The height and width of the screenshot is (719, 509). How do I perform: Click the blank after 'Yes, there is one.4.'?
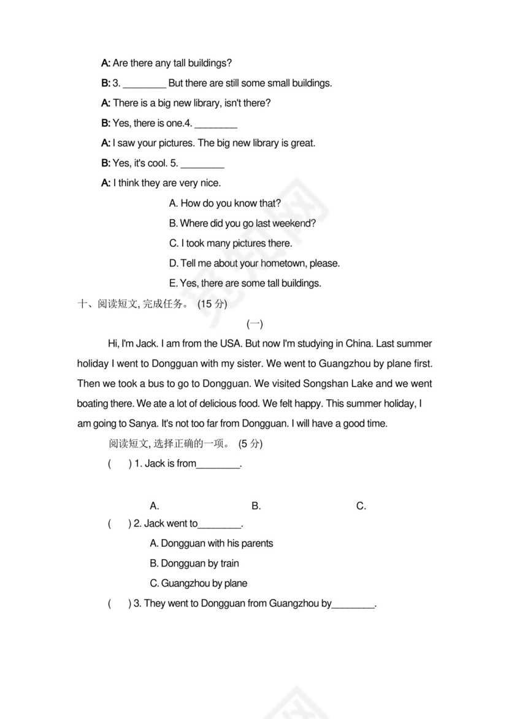215,124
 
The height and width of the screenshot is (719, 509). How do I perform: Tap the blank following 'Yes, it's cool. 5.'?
202,164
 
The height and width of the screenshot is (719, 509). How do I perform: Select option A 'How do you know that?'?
225,203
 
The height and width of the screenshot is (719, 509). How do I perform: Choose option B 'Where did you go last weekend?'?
242,224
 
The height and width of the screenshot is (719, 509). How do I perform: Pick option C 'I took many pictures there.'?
231,243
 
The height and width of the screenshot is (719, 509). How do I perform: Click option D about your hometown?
254,263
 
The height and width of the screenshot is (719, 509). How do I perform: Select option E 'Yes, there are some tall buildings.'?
245,283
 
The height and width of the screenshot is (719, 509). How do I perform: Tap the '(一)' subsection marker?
255,324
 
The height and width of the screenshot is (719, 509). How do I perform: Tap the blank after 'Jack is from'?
218,464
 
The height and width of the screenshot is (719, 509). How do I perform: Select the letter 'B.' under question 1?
256,506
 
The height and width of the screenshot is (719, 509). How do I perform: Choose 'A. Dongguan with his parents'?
211,543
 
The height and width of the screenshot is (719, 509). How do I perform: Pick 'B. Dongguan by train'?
194,563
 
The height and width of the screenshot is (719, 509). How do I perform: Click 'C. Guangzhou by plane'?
198,583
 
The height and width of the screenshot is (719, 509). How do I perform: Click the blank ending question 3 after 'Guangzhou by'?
353,604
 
